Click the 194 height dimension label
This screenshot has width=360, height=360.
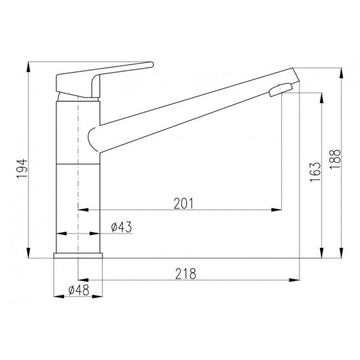22,168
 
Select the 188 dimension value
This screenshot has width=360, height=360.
335,159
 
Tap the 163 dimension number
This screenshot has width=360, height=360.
315,173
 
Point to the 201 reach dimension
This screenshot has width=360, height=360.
183,203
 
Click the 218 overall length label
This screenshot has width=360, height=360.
185,274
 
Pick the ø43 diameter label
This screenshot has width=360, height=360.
122,227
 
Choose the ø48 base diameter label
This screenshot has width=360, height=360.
79,290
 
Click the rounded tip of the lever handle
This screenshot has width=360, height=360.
151,65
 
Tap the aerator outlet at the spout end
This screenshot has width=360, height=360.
281,90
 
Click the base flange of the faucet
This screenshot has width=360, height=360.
78,255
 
